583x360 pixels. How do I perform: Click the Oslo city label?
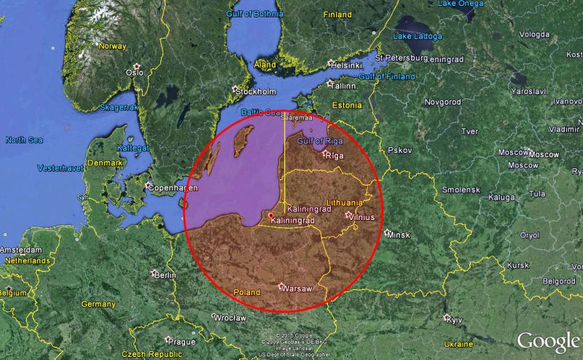point(136,72)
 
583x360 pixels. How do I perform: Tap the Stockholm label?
point(257,91)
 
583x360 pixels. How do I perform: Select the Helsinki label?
point(347,65)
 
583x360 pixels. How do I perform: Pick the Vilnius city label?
point(361,216)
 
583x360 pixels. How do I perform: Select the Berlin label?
point(165,275)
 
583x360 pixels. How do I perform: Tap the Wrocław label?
point(229,318)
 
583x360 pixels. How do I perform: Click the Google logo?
point(547,341)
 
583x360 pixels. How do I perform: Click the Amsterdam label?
point(22,250)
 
